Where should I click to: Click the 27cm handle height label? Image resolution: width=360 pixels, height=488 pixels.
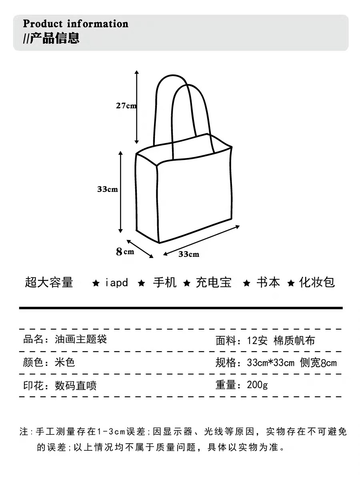coord(126,106)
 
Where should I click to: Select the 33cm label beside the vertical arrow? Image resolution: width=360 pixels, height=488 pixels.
coord(107,189)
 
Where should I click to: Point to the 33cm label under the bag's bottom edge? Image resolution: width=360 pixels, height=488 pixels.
coord(188,254)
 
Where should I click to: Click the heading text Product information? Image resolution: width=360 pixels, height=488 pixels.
coord(76,24)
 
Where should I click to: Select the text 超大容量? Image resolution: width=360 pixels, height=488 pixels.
coord(49,282)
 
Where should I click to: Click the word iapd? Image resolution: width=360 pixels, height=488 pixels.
coord(116,283)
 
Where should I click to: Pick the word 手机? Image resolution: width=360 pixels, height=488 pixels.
coord(164,283)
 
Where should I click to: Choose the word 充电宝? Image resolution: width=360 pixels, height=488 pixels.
coord(214,283)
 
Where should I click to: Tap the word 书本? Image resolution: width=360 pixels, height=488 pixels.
coord(268,283)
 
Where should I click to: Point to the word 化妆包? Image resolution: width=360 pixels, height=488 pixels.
coord(317,283)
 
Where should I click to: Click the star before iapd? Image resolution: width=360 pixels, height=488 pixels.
coord(96,283)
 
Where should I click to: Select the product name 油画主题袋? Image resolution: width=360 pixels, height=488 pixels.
coord(81,340)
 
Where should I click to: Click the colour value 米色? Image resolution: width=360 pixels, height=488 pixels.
coord(65,362)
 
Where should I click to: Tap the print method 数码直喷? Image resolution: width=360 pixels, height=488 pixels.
coord(76,386)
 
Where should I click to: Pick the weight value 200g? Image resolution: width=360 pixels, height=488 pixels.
coord(257,385)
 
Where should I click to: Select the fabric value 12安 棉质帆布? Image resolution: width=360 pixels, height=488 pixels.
coord(281,340)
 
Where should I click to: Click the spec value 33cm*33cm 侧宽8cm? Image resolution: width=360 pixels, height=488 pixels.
coord(292,363)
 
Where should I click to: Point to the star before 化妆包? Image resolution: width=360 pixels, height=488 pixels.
coord(292,283)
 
